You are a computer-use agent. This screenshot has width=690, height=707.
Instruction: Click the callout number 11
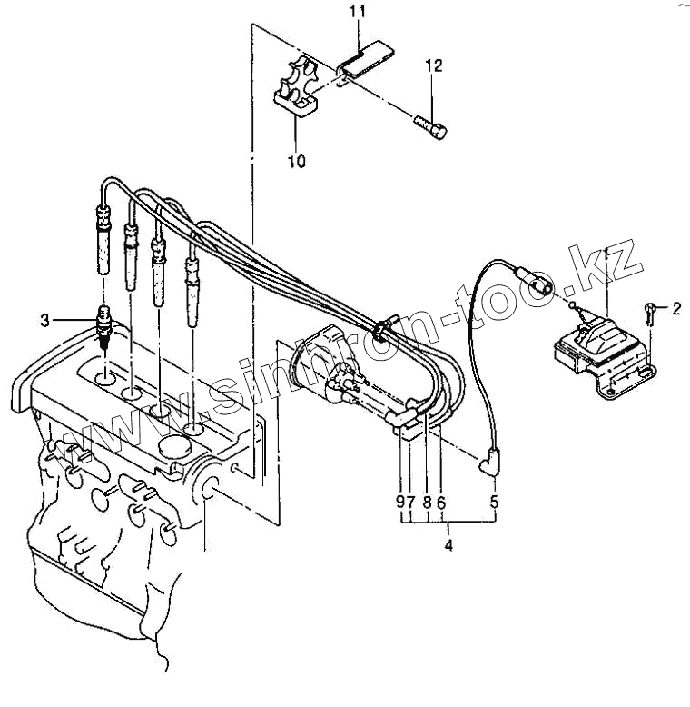[358, 12]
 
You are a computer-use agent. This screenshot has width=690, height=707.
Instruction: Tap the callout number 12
[434, 65]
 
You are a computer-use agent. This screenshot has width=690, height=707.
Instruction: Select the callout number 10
[296, 161]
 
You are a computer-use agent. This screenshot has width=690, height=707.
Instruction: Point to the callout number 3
[44, 321]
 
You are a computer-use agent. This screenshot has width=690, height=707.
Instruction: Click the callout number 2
[676, 309]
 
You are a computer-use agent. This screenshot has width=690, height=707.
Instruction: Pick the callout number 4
[448, 545]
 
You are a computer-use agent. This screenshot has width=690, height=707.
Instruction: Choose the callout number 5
[495, 502]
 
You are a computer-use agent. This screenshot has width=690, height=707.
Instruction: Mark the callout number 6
[441, 502]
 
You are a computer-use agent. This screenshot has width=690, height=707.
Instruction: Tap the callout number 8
[427, 502]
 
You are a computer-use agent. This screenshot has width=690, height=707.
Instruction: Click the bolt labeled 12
[430, 126]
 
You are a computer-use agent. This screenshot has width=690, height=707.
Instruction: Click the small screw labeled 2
[649, 312]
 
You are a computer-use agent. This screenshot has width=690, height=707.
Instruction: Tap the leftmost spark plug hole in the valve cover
[106, 377]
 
